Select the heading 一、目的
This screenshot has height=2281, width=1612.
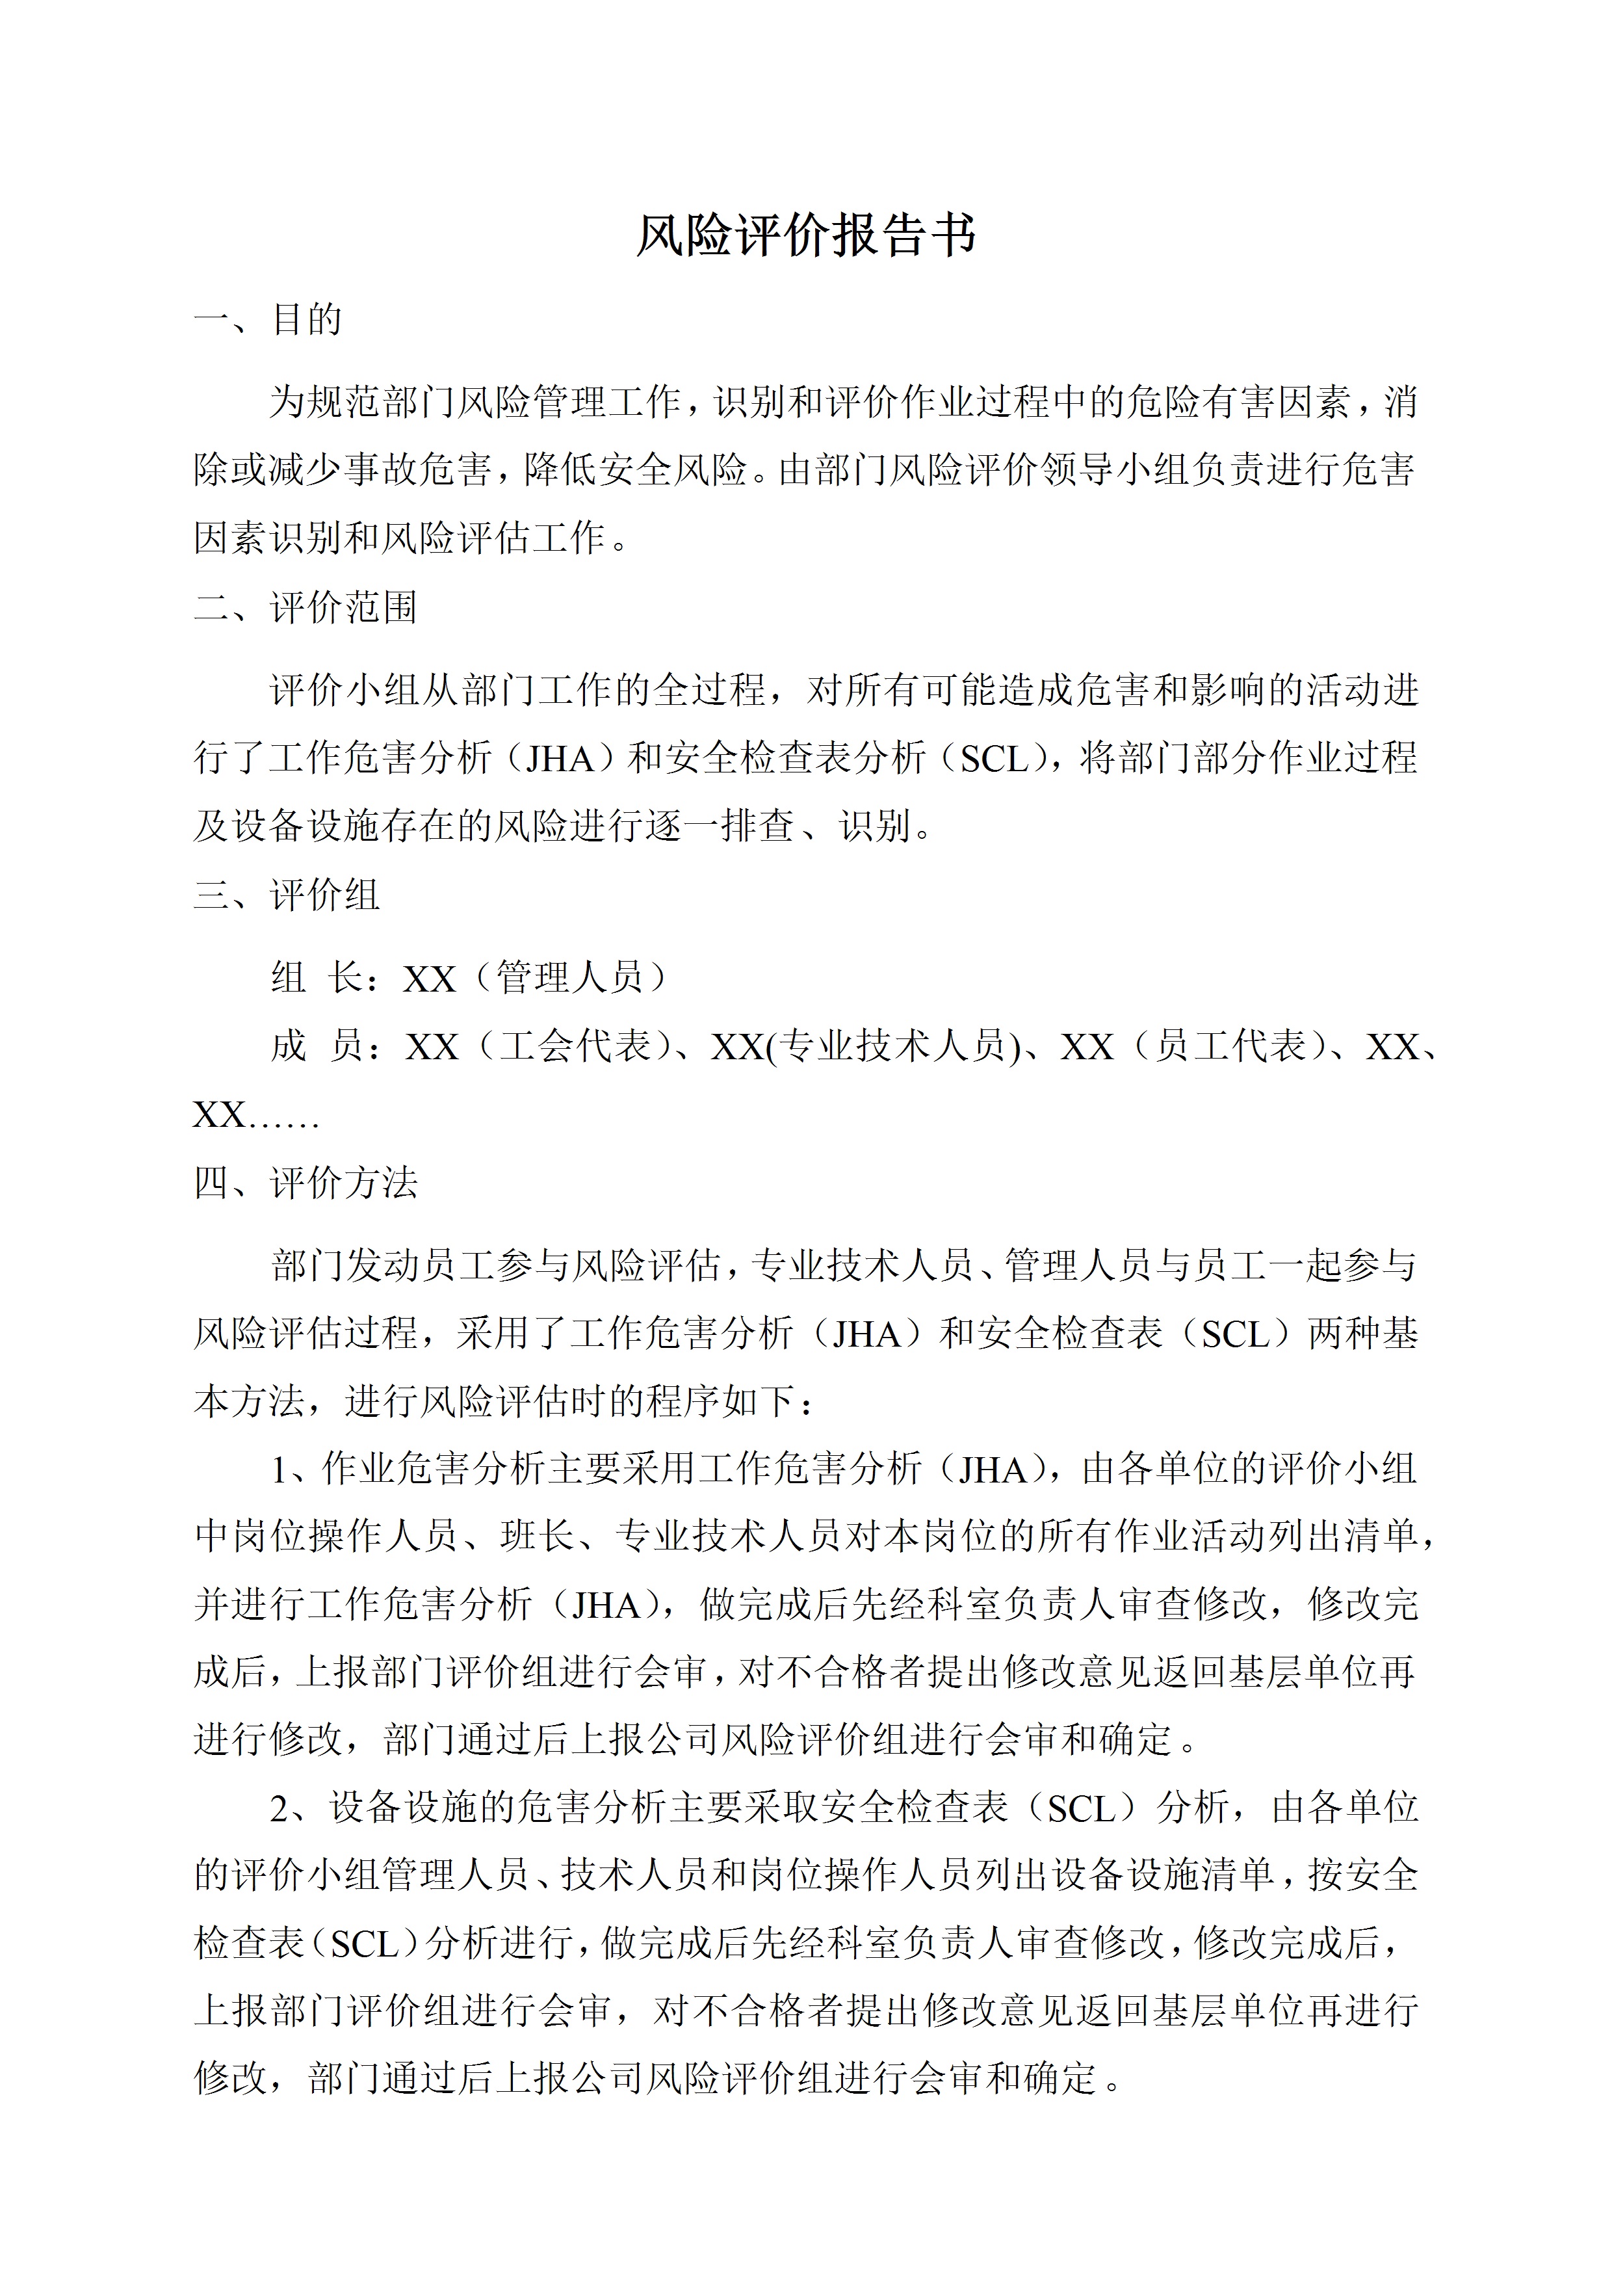(268, 320)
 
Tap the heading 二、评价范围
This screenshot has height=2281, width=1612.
(306, 607)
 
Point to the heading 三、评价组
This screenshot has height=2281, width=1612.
(287, 895)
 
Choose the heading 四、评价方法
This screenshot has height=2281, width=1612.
(306, 1182)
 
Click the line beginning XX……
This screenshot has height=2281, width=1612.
(255, 1116)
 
